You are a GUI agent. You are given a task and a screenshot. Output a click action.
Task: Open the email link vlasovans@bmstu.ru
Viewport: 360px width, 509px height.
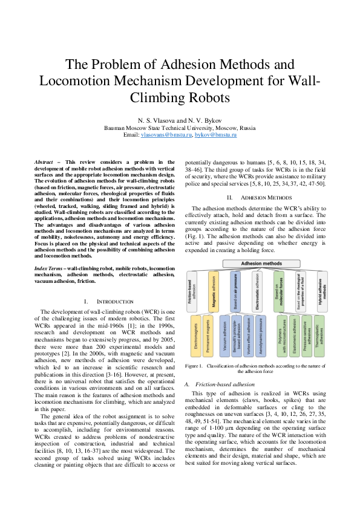pos(167,135)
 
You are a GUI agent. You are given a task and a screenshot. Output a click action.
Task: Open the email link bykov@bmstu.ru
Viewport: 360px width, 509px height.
pos(215,135)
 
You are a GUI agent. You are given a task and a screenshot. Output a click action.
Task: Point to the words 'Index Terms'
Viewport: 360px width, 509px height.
pos(47,267)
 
